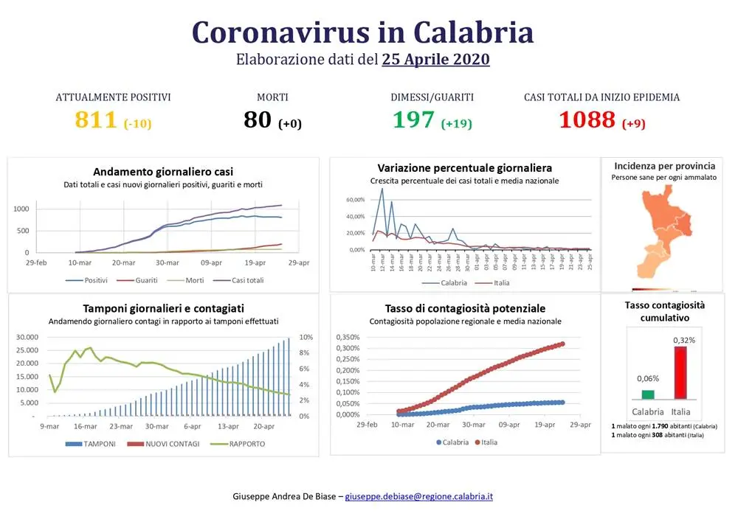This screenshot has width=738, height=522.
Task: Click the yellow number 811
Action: click(97, 119)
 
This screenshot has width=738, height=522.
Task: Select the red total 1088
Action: click(587, 119)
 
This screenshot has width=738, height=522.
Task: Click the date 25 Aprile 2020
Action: click(435, 60)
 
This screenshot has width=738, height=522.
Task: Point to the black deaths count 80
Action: click(258, 119)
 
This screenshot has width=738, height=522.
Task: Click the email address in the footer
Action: click(419, 496)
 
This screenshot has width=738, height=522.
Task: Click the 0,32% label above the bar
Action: click(684, 340)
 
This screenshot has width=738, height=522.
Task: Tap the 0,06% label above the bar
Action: click(648, 378)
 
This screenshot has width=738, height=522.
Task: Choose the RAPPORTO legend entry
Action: click(242, 444)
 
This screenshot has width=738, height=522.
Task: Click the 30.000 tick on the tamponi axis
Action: click(30, 337)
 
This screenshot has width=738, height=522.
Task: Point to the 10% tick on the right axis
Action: click(306, 337)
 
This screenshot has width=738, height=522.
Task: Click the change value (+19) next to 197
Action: click(456, 123)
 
